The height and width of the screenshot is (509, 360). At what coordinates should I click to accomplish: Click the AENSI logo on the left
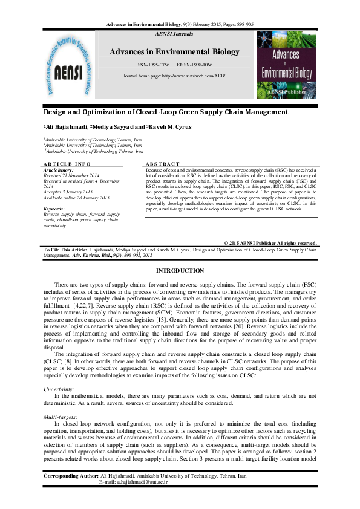(x=70, y=63)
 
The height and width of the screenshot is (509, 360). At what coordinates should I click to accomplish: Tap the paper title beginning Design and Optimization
(x=157, y=112)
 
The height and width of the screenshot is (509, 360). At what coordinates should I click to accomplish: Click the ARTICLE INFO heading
(x=67, y=164)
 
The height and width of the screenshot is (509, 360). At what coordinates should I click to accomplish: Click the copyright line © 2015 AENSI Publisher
(x=270, y=242)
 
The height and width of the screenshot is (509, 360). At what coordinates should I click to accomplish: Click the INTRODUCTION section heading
(x=180, y=270)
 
